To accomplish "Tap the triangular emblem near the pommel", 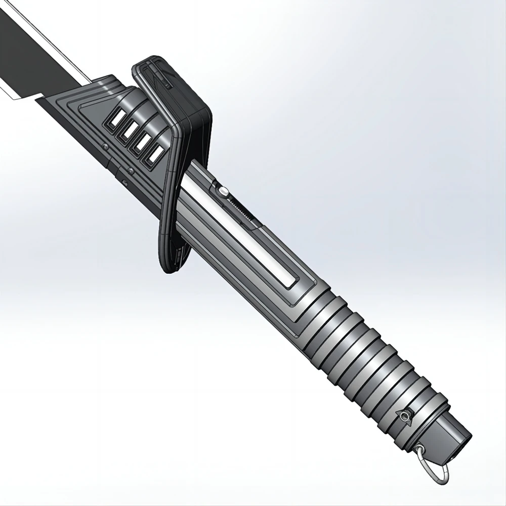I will tap(405, 415).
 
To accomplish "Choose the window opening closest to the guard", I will tap(155, 154).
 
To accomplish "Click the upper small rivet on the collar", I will tap(106, 147).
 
